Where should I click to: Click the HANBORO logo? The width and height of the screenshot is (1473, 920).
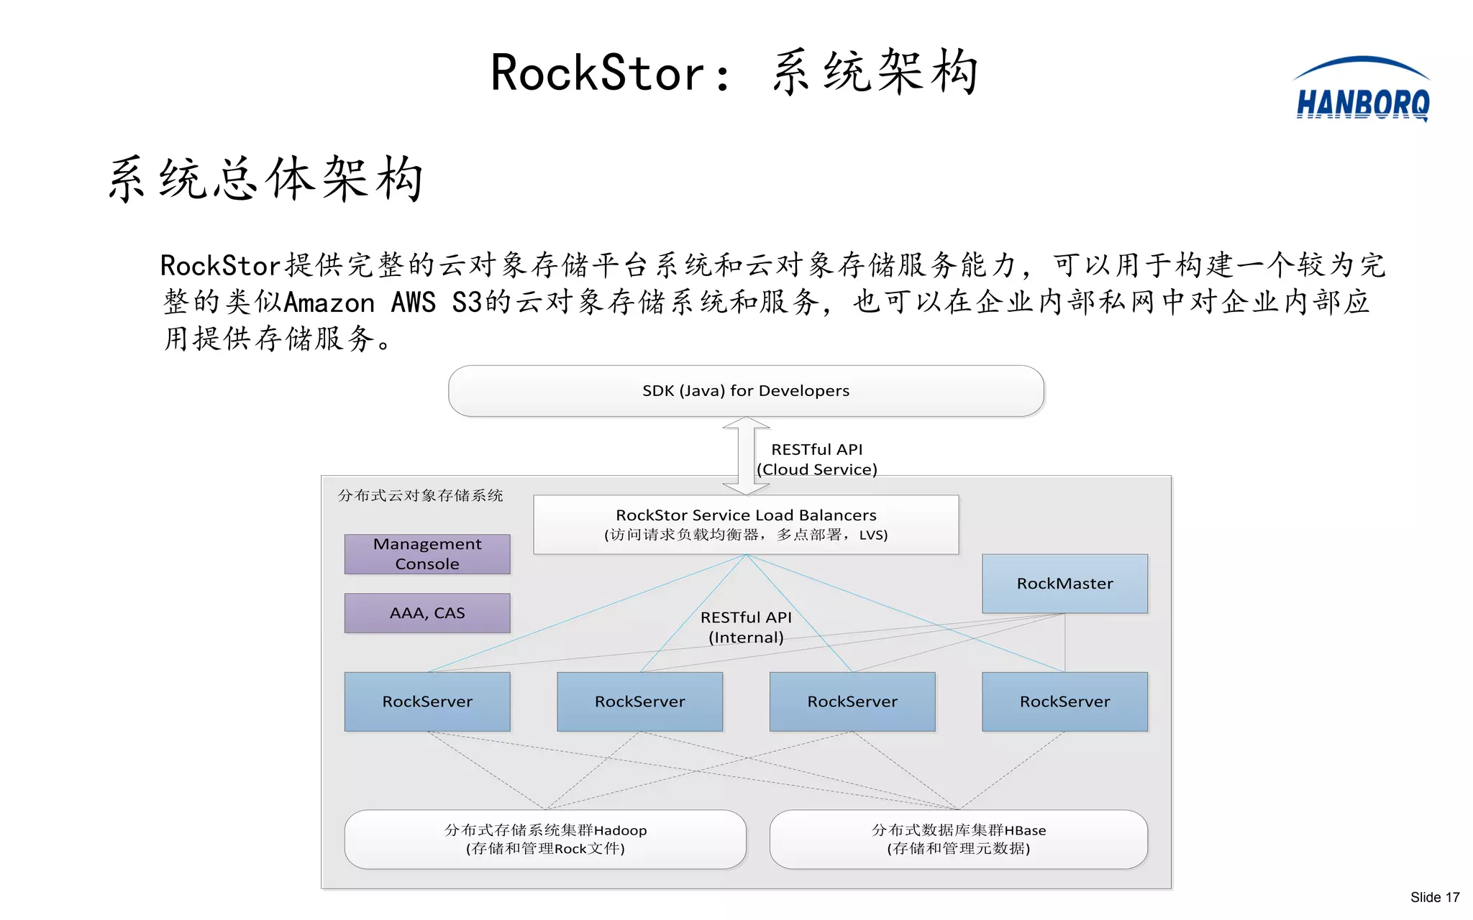[x=1362, y=92]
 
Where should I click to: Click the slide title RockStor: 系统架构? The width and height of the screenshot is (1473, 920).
[x=734, y=73]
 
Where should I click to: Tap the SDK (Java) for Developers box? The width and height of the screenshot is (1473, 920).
[x=746, y=391]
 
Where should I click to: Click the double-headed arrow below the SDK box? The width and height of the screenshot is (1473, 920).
[x=746, y=456]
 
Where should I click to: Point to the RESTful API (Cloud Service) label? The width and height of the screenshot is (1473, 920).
[x=816, y=459]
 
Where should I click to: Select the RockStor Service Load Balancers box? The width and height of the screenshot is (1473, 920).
[x=746, y=524]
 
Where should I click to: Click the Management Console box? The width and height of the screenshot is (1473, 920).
[x=427, y=553]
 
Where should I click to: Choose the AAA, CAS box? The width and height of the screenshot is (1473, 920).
[x=427, y=613]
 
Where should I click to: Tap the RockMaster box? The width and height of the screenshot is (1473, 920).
[x=1064, y=584]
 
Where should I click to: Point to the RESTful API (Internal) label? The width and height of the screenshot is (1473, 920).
[x=746, y=627]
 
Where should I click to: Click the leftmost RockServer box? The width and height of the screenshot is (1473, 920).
[x=427, y=701]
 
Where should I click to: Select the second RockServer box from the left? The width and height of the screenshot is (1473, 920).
[x=639, y=701]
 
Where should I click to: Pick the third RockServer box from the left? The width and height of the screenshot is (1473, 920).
[x=852, y=701]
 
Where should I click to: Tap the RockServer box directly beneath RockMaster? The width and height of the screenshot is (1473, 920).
[x=1064, y=701]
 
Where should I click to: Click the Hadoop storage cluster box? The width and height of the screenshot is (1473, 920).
[x=545, y=839]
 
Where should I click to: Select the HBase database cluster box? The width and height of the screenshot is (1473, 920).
[x=958, y=839]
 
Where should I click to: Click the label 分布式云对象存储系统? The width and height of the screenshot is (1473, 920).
[x=421, y=495]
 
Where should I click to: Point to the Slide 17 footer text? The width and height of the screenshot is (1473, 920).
[x=1434, y=897]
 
